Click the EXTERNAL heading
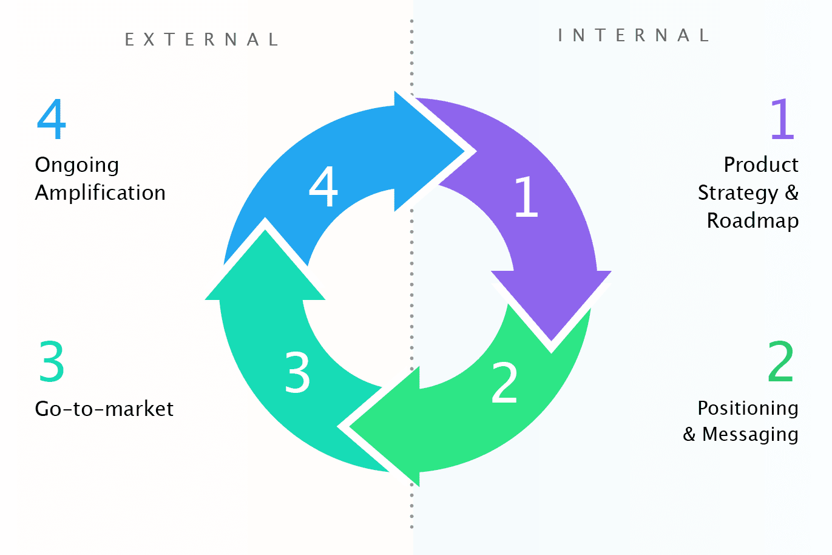click(x=201, y=40)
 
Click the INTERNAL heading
click(x=634, y=35)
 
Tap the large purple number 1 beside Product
click(x=782, y=119)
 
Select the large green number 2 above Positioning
click(x=780, y=361)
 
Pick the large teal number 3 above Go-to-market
click(x=52, y=362)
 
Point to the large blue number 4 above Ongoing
click(x=51, y=119)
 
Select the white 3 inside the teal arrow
click(x=297, y=372)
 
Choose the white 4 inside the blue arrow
click(x=323, y=186)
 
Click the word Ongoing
click(x=77, y=165)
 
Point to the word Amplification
click(x=100, y=193)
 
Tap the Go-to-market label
click(x=104, y=409)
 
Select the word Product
click(x=761, y=165)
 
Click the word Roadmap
click(x=753, y=220)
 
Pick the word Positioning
click(x=748, y=408)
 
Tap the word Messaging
click(x=750, y=435)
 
